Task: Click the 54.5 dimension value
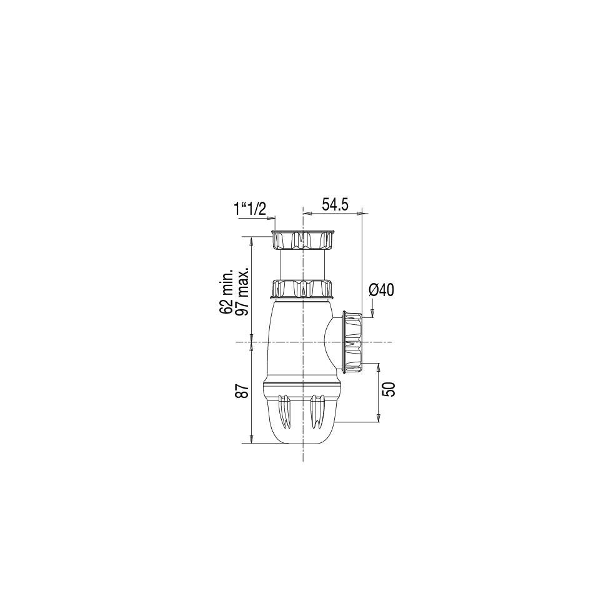click(x=335, y=205)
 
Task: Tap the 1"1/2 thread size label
click(x=250, y=209)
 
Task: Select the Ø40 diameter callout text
click(x=381, y=290)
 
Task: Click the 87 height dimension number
click(x=244, y=391)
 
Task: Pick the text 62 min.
click(x=227, y=291)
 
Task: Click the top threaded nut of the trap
click(x=302, y=239)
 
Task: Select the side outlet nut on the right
click(x=352, y=342)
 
